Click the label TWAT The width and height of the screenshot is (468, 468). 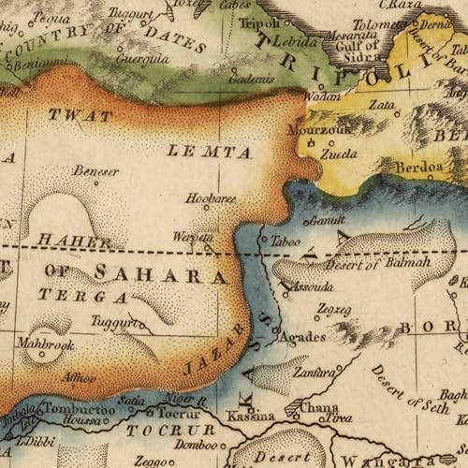point(80,117)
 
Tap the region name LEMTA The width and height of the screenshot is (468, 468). point(210,152)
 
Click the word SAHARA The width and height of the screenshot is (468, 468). point(160,276)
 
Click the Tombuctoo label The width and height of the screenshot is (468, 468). point(79,410)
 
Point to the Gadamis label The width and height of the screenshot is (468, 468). point(252,80)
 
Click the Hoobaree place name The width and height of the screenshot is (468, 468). point(211,198)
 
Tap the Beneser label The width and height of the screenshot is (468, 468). point(96,172)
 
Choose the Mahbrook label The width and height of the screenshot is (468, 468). point(44,344)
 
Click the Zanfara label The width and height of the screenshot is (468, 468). point(314,372)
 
